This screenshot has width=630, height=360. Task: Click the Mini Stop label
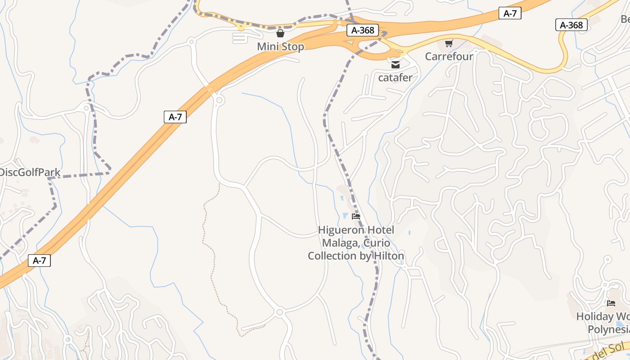[280, 47]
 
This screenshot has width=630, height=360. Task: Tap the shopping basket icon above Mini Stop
[280, 33]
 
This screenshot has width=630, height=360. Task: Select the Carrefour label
[449, 57]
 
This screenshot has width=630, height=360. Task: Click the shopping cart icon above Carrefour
[449, 43]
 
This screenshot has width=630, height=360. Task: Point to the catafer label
[395, 78]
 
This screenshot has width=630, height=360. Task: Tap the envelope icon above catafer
[396, 65]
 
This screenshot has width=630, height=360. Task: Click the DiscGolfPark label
[23, 172]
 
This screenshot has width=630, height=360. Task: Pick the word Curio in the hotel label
[377, 243]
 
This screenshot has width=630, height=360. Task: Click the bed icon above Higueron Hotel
[356, 216]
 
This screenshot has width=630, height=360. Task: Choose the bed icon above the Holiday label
[611, 303]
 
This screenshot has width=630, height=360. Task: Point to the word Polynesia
[608, 329]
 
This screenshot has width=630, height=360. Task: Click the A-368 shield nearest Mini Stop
[363, 31]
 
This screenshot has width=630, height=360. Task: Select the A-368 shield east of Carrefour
[571, 25]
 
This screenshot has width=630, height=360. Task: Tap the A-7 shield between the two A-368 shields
[510, 13]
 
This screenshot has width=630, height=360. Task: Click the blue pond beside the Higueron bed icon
[345, 215]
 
